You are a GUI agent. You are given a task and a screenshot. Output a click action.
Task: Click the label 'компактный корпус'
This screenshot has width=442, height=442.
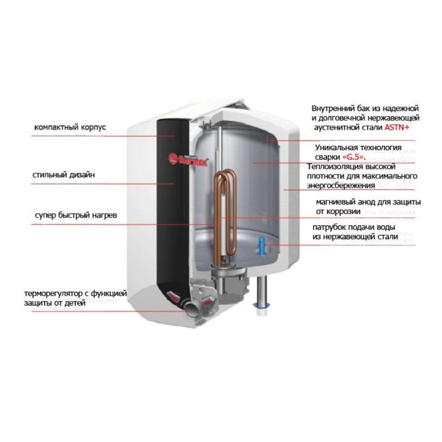[x=70, y=127]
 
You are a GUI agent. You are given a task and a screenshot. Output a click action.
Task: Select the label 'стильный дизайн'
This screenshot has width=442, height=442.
[x=64, y=175]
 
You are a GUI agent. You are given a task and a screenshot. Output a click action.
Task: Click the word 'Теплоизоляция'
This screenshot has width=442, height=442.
[x=332, y=167]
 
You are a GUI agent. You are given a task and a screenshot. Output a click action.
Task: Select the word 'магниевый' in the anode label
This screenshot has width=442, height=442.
[x=334, y=201]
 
